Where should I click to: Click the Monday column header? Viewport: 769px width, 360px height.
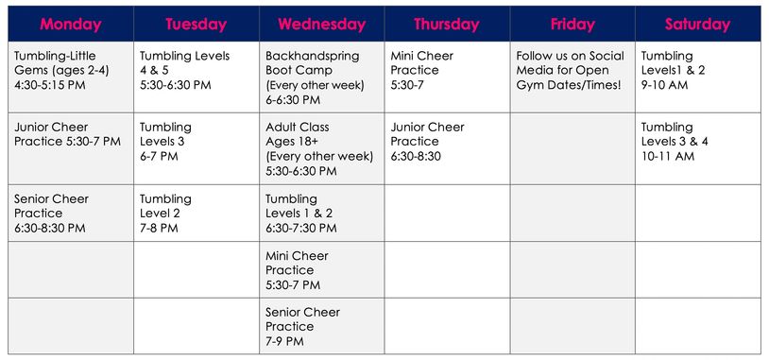click(x=71, y=24)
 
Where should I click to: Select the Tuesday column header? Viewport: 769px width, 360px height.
click(x=196, y=24)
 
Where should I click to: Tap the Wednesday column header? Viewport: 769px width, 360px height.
click(x=321, y=24)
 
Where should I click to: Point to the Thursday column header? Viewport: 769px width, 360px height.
click(x=447, y=24)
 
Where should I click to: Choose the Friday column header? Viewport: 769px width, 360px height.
click(x=572, y=24)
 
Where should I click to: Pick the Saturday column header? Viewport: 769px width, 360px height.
click(x=697, y=24)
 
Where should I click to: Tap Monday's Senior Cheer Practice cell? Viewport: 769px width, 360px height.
click(x=71, y=213)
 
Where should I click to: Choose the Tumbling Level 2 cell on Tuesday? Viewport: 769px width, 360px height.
click(x=196, y=213)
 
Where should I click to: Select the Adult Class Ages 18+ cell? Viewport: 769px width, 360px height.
click(x=321, y=148)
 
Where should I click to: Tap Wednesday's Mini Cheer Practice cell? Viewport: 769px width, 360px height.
click(x=321, y=270)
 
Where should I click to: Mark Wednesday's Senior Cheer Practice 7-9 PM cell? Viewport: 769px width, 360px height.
click(x=321, y=326)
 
